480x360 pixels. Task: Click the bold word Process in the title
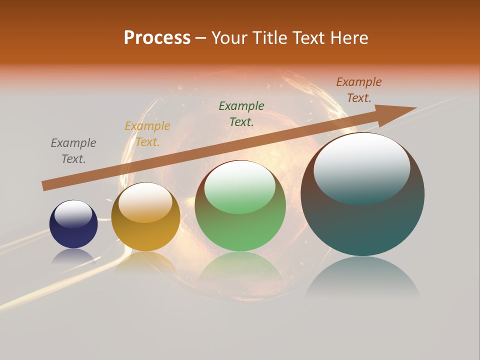(157, 38)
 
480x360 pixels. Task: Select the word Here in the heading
(349, 38)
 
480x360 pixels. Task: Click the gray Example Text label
(73, 150)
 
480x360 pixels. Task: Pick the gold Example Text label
(147, 133)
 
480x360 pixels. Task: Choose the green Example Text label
(241, 113)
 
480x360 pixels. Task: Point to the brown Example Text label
(359, 89)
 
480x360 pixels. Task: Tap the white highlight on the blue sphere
(73, 214)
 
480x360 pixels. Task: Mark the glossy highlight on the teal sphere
(362, 167)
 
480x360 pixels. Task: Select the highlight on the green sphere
(240, 186)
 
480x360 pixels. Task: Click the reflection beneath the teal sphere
(362, 277)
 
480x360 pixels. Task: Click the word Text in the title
(306, 38)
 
